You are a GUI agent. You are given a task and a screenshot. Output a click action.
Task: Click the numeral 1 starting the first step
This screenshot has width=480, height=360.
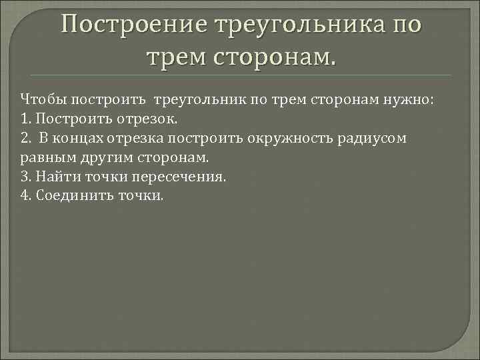(x=25, y=120)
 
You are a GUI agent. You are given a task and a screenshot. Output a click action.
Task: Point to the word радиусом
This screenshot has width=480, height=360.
(x=375, y=139)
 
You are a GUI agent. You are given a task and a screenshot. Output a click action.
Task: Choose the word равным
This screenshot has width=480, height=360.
(x=47, y=158)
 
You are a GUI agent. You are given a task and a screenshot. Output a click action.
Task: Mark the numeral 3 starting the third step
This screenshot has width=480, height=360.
(x=25, y=177)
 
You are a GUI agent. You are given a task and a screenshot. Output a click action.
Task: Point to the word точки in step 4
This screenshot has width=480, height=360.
(x=139, y=197)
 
